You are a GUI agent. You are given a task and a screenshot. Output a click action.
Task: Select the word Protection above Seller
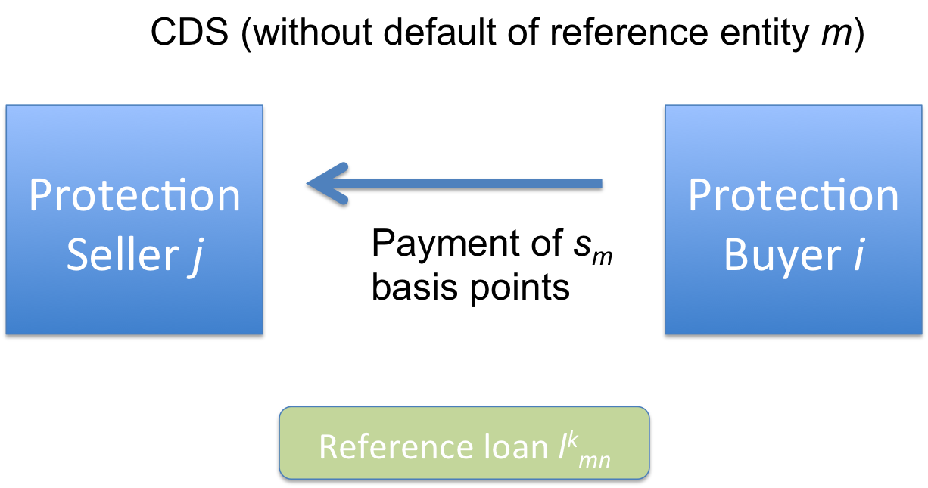click(x=134, y=195)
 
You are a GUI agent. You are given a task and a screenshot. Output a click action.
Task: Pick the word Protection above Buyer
click(x=793, y=195)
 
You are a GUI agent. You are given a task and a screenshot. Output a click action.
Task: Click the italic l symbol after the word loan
click(x=560, y=446)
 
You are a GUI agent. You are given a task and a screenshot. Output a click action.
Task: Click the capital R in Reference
click(x=327, y=446)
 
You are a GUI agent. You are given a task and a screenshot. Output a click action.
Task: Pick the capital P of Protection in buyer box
click(x=699, y=195)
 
